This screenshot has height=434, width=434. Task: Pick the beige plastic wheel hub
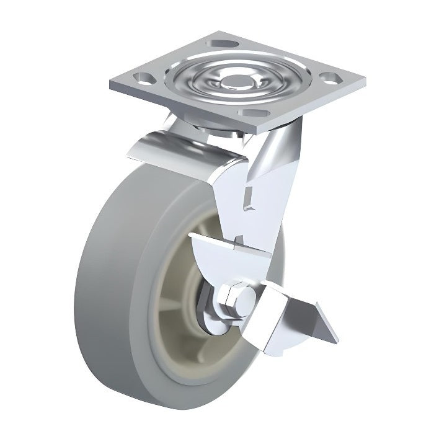click(x=177, y=291)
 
